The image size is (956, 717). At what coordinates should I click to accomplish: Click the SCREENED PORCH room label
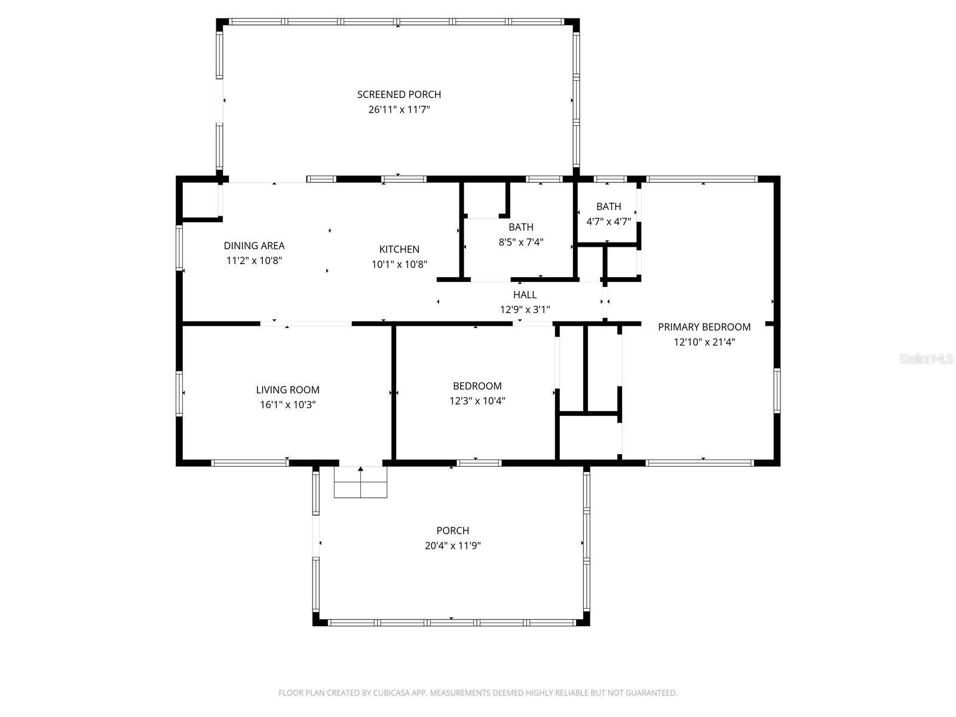[399, 94]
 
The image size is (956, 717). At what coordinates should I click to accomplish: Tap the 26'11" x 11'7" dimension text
[399, 110]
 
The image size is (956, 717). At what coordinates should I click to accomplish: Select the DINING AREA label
[254, 246]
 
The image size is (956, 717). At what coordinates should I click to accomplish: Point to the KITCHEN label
[399, 249]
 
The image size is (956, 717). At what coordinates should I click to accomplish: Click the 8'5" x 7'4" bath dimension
[520, 243]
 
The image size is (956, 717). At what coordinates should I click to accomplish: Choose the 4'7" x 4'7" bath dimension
[608, 222]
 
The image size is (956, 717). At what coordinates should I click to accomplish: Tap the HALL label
[525, 295]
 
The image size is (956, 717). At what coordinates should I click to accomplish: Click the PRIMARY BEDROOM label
[704, 327]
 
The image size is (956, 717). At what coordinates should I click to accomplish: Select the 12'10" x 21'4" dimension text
[704, 342]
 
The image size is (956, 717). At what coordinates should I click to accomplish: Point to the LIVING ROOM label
[287, 390]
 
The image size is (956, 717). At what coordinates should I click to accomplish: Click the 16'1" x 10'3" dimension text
[287, 405]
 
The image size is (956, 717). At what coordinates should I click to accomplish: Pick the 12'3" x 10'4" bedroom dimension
[477, 401]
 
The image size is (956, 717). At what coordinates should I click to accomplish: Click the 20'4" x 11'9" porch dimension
[452, 546]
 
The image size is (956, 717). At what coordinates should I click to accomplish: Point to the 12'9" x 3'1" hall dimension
[525, 310]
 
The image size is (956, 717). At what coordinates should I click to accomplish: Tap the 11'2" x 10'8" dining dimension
[254, 261]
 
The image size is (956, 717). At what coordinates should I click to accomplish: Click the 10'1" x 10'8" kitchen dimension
[399, 264]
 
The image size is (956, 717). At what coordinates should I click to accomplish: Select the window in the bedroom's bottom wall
[479, 462]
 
